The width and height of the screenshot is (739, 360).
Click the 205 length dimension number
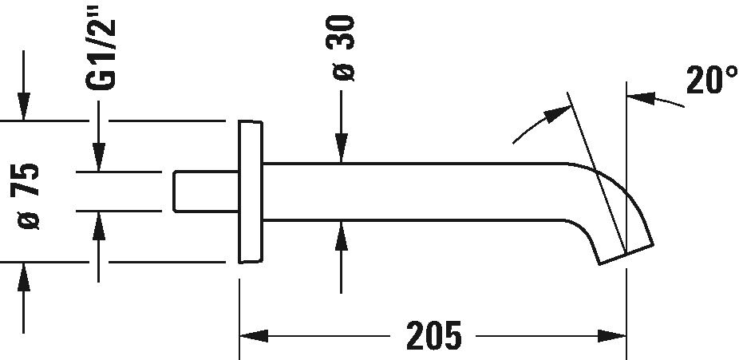pyautogui.click(x=433, y=335)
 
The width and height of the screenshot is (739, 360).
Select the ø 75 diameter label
pyautogui.click(x=28, y=196)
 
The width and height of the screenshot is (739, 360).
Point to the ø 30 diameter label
pyautogui.click(x=340, y=48)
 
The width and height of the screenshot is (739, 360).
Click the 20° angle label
pyautogui.click(x=711, y=79)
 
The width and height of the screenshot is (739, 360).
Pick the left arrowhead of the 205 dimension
pyautogui.click(x=254, y=336)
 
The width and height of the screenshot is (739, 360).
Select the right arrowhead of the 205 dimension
pyautogui.click(x=612, y=336)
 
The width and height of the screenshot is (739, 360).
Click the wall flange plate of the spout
pyautogui.click(x=251, y=192)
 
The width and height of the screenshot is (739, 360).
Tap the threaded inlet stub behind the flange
pyautogui.click(x=206, y=192)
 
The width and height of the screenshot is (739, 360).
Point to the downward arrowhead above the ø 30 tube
pyautogui.click(x=342, y=148)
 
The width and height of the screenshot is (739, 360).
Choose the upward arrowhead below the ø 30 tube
pyautogui.click(x=342, y=235)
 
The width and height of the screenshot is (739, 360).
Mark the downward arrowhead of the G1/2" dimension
pyautogui.click(x=98, y=157)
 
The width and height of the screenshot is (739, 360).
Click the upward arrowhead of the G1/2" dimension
pyautogui.click(x=98, y=226)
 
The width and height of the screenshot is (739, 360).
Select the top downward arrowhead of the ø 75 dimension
pyautogui.click(x=24, y=106)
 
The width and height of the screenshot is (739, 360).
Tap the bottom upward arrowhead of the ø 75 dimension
pyautogui.click(x=24, y=277)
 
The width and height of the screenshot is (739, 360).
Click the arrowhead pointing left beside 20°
pyautogui.click(x=641, y=98)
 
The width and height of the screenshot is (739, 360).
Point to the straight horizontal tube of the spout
pyautogui.click(x=415, y=192)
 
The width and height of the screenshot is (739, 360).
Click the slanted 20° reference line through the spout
pyautogui.click(x=597, y=172)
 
